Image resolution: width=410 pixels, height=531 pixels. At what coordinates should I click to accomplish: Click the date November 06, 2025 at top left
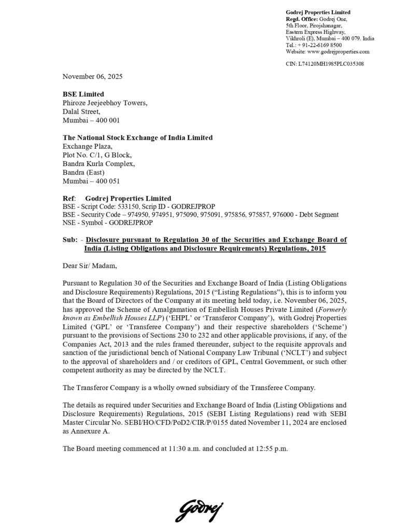tap(93, 76)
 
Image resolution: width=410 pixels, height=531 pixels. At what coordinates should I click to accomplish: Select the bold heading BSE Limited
tap(83, 94)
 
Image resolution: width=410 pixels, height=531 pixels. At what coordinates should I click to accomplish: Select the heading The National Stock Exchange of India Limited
tap(137, 137)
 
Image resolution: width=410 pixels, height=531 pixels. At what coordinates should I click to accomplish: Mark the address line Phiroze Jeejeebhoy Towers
tap(105, 103)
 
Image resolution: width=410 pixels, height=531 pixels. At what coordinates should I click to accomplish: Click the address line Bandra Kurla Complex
tap(98, 164)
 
